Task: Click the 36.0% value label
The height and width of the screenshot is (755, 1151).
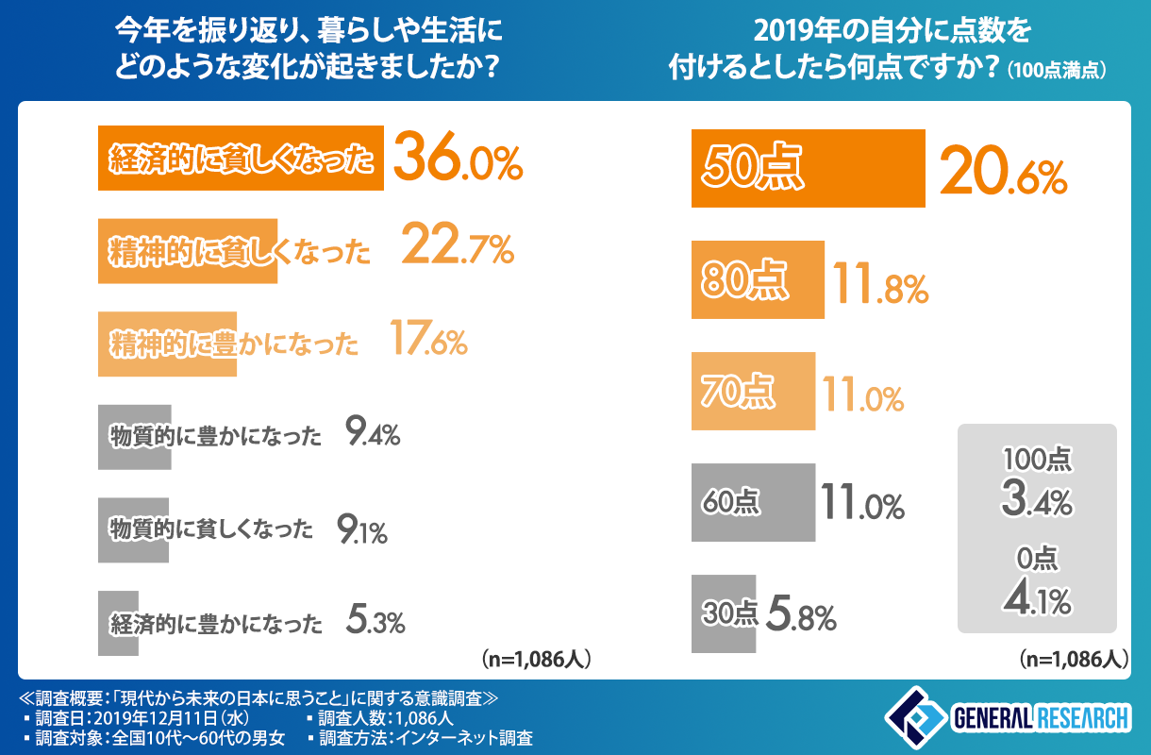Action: pyautogui.click(x=457, y=159)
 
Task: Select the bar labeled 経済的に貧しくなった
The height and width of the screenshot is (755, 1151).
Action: pyautogui.click(x=241, y=159)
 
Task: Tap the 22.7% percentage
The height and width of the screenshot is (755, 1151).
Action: pyautogui.click(x=457, y=249)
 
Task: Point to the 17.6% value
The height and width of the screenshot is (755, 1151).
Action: pyautogui.click(x=429, y=342)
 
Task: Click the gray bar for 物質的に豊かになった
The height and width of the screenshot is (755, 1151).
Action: pyautogui.click(x=134, y=436)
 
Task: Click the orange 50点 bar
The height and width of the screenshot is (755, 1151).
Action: pyautogui.click(x=807, y=168)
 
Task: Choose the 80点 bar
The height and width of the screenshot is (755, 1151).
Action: pyautogui.click(x=758, y=280)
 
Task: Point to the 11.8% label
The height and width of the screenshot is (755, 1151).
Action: pyautogui.click(x=880, y=284)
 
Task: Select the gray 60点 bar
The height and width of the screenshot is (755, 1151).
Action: pyautogui.click(x=753, y=502)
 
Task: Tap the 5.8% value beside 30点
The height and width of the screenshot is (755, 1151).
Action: pyautogui.click(x=800, y=614)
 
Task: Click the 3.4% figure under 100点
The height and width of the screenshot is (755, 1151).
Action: pyautogui.click(x=1037, y=497)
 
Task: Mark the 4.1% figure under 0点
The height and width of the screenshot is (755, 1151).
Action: pyautogui.click(x=1037, y=596)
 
